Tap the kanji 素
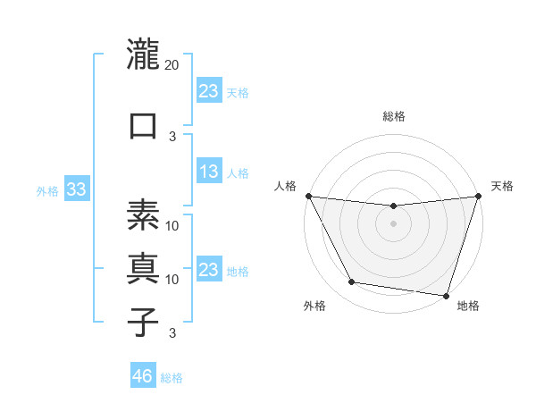click(144, 214)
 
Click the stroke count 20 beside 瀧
click(172, 64)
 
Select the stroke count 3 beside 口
click(172, 137)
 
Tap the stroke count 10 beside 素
click(172, 225)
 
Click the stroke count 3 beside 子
click(172, 333)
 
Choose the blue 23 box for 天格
click(208, 90)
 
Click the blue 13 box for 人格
click(208, 172)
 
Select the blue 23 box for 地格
click(208, 270)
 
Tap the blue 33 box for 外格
click(76, 189)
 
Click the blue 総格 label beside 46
click(172, 378)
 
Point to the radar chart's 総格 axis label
click(394, 116)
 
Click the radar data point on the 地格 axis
click(445, 295)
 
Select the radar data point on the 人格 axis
click(308, 196)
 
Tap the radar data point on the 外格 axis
click(352, 282)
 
